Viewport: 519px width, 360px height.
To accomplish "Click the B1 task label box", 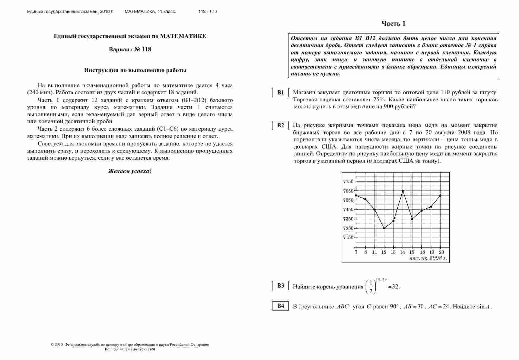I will [281, 93].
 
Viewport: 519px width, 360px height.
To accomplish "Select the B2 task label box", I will [281, 125].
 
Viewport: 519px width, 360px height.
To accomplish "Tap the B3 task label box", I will [281, 285].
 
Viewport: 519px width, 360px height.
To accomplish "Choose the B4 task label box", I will [281, 306].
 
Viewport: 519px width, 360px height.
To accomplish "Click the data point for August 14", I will [403, 191].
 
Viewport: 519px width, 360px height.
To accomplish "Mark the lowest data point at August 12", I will [384, 228].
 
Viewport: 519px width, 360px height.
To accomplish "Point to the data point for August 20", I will [441, 195].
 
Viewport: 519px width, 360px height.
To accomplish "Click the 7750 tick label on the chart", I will [348, 181].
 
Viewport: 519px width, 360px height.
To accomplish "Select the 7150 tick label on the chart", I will [348, 237].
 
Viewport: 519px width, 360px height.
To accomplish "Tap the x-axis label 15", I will [412, 252].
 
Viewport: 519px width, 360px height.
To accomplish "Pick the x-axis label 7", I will [356, 252].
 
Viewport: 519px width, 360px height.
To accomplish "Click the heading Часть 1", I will [393, 24].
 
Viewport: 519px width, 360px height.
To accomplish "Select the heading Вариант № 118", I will [130, 49].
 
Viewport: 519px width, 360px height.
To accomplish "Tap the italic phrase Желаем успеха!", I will [130, 171].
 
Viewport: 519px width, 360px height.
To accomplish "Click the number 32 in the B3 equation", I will [395, 287].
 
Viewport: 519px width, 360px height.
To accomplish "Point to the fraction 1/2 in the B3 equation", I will [371, 287].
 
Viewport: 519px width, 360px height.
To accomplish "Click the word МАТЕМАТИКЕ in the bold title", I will [183, 36].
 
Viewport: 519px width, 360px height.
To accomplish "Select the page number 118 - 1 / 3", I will [208, 12].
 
